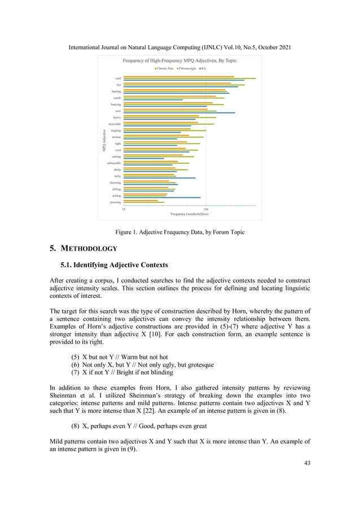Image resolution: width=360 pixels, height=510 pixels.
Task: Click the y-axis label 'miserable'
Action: click(x=115, y=124)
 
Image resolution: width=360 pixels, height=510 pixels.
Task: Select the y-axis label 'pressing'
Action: click(x=115, y=202)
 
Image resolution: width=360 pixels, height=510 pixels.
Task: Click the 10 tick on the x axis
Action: click(x=124, y=209)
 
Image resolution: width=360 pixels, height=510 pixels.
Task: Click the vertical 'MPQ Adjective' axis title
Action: click(x=104, y=141)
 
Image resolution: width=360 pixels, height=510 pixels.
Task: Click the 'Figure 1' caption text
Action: click(x=179, y=232)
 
